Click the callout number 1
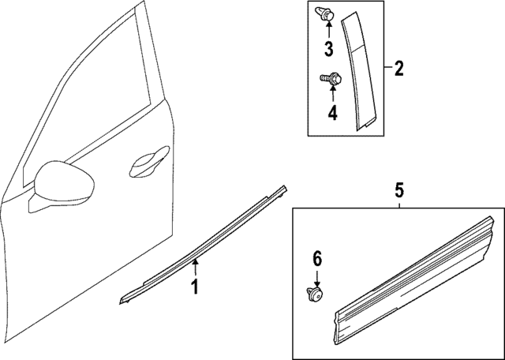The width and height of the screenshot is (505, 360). pos(194,286)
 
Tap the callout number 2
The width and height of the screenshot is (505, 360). pos(398,69)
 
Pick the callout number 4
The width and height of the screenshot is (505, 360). pos(332,113)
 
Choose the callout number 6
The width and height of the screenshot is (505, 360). pos(317,258)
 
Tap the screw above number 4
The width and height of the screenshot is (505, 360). pos(330,78)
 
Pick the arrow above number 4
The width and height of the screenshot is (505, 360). pos(332,95)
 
